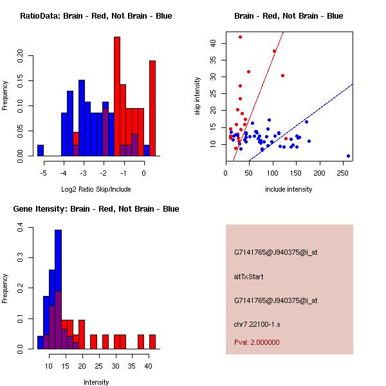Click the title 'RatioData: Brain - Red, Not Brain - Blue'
(x=95, y=16)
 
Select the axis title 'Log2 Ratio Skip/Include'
(x=95, y=189)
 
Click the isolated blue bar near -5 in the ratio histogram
(x=41, y=150)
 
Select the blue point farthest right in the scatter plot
(x=348, y=156)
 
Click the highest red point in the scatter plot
(x=240, y=37)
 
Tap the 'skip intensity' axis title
(x=198, y=96)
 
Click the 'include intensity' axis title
(x=289, y=189)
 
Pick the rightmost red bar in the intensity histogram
(x=152, y=342)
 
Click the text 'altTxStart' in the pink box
(x=249, y=277)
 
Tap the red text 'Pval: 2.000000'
(x=257, y=342)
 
